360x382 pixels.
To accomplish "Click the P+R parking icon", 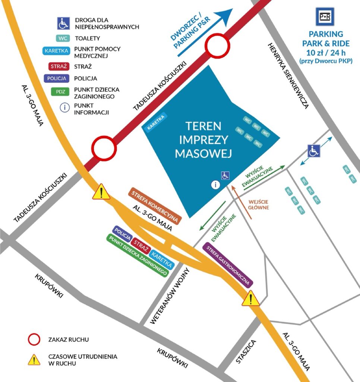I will point(325,16).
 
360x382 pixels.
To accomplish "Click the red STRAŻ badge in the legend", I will point(58,67).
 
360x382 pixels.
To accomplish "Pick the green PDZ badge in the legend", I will point(60,91).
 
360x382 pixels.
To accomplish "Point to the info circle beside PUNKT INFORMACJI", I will point(65,107).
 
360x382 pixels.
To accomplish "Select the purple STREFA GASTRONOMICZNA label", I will point(228,264).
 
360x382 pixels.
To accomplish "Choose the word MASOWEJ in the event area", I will point(203,153).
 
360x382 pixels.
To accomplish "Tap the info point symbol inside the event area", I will point(215,184).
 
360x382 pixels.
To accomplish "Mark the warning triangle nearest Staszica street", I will point(251,298).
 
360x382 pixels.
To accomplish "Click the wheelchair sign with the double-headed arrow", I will point(314,151).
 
